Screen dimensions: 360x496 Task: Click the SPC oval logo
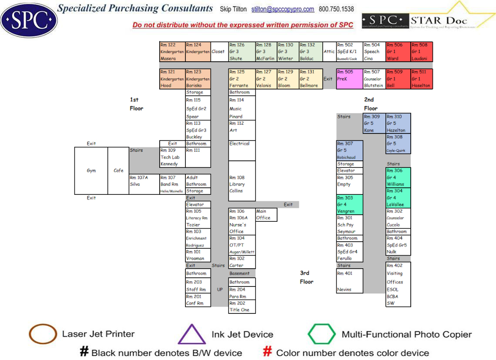pos(29,20)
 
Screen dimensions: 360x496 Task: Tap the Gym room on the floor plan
pos(91,170)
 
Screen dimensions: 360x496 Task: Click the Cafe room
pos(118,170)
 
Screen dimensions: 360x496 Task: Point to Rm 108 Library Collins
pos(242,184)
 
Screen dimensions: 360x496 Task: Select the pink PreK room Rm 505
pos(349,79)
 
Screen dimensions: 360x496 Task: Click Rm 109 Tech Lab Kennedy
pos(172,157)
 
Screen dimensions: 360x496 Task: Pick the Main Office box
pos(266,214)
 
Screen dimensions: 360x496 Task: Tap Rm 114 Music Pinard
pos(242,108)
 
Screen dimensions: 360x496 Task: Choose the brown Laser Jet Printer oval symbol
pos(43,334)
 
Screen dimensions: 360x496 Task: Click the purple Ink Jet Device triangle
pos(192,334)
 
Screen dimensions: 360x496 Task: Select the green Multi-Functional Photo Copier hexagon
pos(322,334)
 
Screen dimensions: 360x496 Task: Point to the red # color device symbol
pos(268,352)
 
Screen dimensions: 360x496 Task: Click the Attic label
pos(329,51)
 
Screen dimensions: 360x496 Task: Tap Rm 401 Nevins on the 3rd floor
pos(349,281)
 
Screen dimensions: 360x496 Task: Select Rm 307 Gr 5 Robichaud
pos(349,150)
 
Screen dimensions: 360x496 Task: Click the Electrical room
pos(242,150)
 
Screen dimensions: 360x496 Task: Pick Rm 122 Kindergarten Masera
pos(172,51)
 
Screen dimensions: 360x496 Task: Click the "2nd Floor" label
pos(370,104)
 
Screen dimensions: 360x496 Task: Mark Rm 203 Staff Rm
pos(198,286)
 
